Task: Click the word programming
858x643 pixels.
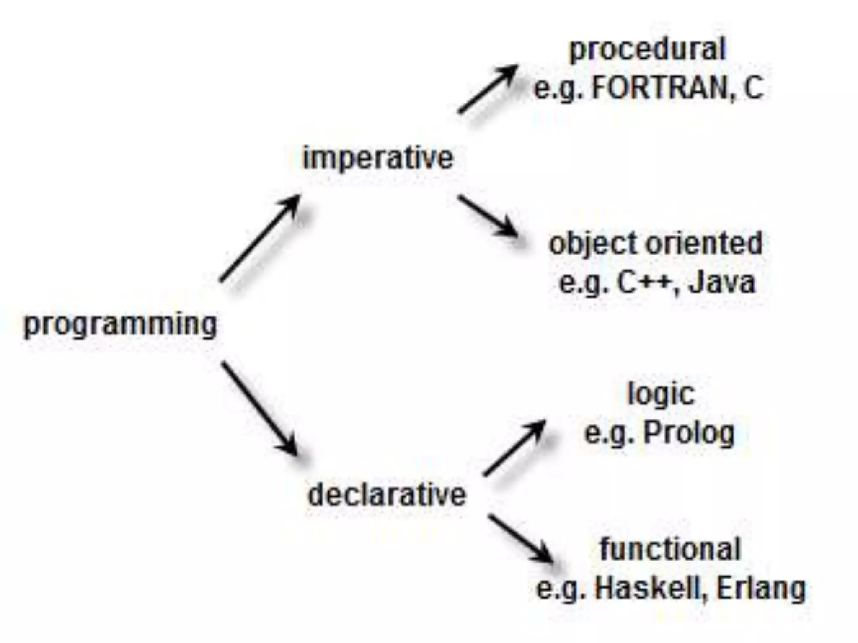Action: pos(121,324)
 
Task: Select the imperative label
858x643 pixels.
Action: pos(378,158)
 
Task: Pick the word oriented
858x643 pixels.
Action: pos(704,243)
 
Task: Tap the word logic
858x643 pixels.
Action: pos(661,394)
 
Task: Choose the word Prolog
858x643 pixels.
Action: pos(689,433)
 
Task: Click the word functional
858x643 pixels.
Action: pos(670,549)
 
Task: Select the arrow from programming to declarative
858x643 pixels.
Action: pos(260,409)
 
